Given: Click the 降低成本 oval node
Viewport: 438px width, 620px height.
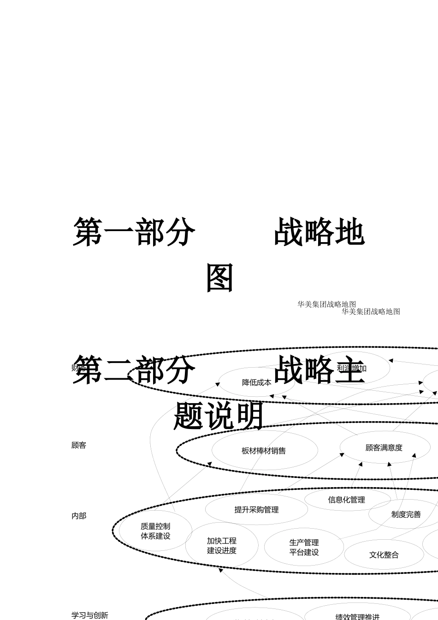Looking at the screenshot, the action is pyautogui.click(x=256, y=382).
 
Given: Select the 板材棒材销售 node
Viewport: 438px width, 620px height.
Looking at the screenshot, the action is pyautogui.click(x=264, y=451).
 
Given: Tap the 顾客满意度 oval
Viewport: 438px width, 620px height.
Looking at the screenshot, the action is pyautogui.click(x=384, y=447).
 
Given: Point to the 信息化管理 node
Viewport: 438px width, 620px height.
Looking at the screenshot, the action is pyautogui.click(x=346, y=500).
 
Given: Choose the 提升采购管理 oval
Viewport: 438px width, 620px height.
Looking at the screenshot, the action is pyautogui.click(x=256, y=510).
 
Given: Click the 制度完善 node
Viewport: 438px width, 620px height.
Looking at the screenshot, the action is pyautogui.click(x=406, y=514).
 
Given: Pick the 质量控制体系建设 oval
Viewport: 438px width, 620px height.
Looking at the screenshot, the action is pyautogui.click(x=155, y=531).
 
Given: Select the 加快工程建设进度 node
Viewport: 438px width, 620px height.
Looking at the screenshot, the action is pyautogui.click(x=221, y=545).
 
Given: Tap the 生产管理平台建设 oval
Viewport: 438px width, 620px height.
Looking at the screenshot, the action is pyautogui.click(x=304, y=547).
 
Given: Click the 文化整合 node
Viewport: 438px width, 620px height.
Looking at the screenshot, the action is pyautogui.click(x=384, y=555).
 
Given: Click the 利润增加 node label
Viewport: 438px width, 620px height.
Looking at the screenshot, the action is pyautogui.click(x=352, y=368).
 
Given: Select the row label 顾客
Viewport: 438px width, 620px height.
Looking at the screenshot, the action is pyautogui.click(x=79, y=445).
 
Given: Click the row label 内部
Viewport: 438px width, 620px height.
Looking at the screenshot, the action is pyautogui.click(x=79, y=516).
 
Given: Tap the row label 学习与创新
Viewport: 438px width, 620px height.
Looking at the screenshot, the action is pyautogui.click(x=90, y=615).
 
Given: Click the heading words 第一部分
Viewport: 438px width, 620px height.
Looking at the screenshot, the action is pyautogui.click(x=134, y=232).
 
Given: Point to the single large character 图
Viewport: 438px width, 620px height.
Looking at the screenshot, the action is pyautogui.click(x=219, y=278).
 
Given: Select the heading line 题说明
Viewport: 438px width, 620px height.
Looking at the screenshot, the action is pyautogui.click(x=219, y=416).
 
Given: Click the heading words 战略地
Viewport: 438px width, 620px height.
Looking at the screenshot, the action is pyautogui.click(x=319, y=232).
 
